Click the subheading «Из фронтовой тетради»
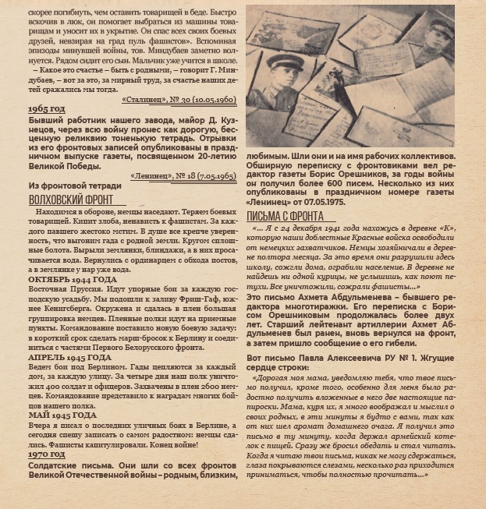(74, 186)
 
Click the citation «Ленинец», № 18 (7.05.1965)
(183, 176)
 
